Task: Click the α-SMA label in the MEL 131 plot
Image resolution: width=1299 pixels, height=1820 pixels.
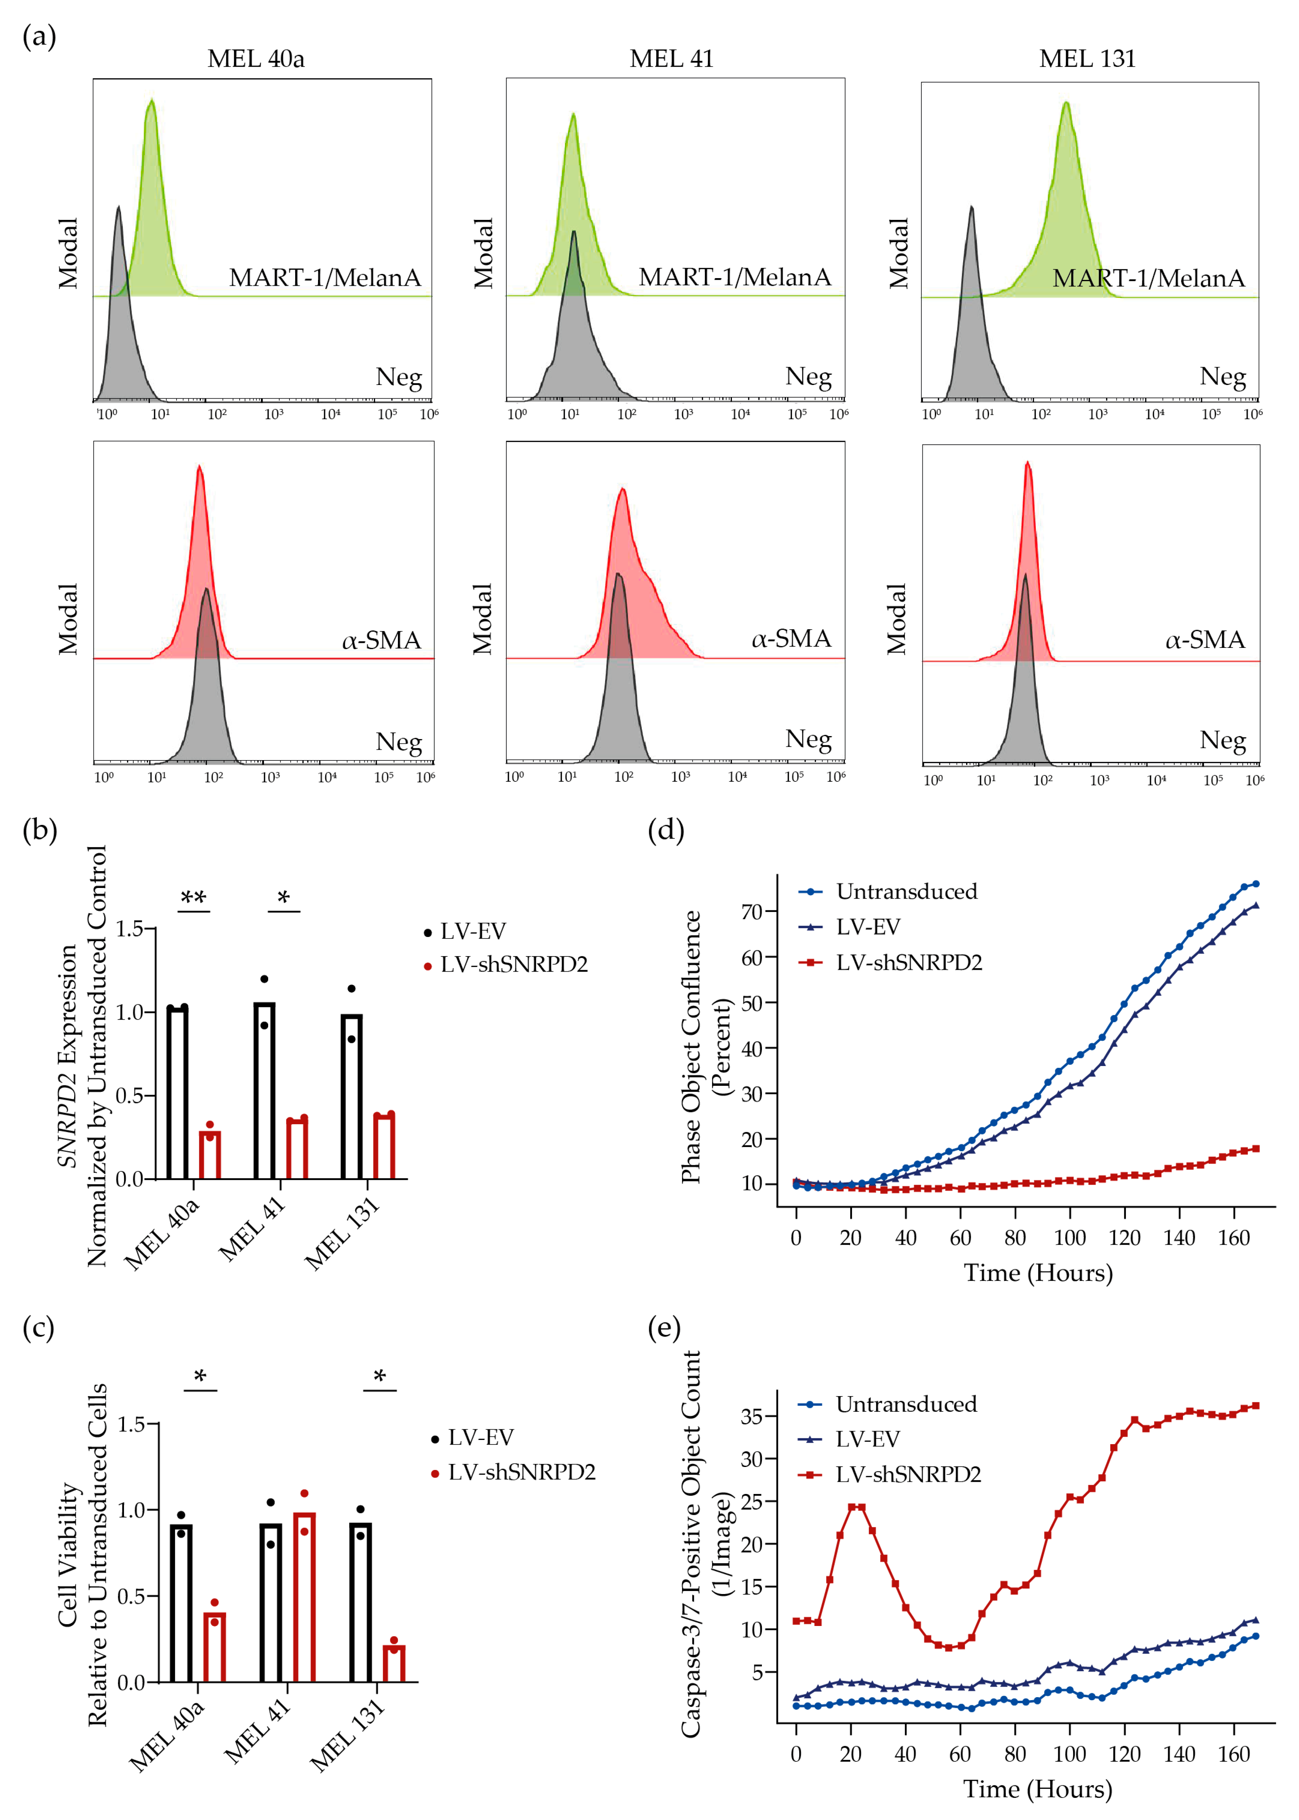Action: pos(1205,640)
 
